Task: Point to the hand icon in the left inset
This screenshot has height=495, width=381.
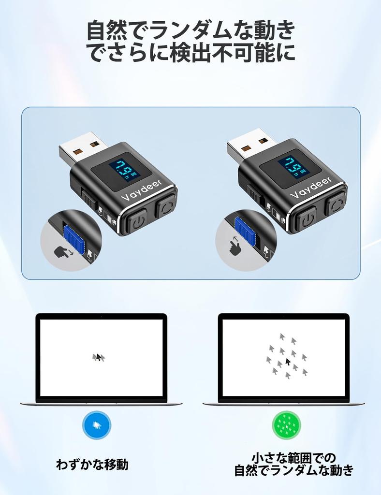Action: click(x=61, y=252)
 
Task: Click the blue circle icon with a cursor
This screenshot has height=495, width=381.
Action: click(x=97, y=425)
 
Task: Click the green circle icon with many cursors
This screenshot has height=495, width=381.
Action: click(x=287, y=425)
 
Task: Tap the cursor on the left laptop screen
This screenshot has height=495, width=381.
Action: click(x=99, y=357)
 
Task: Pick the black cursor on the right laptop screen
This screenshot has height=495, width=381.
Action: click(x=288, y=362)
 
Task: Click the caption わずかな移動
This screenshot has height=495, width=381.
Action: click(x=92, y=465)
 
